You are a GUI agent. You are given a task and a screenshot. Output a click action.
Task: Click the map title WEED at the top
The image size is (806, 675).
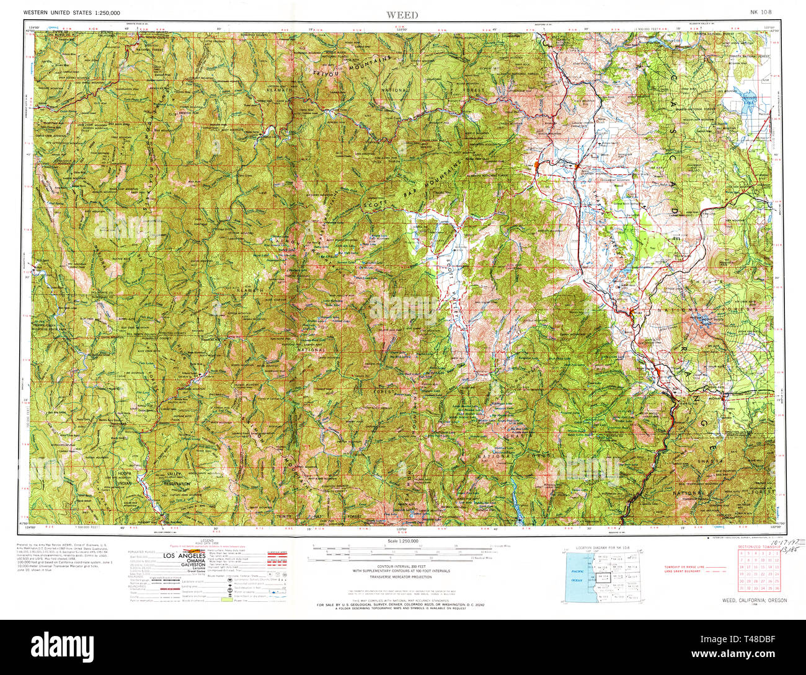(402, 14)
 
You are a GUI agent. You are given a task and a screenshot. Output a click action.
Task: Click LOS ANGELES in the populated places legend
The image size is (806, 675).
(184, 556)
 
